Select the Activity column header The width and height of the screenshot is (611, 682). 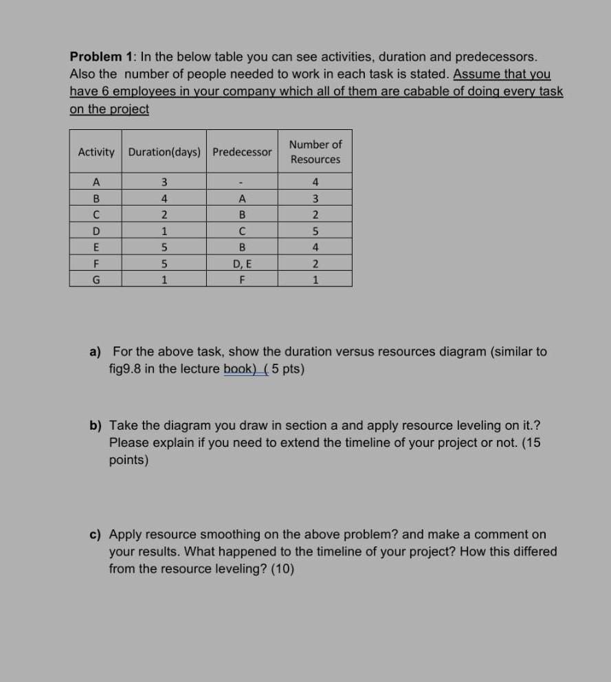click(x=96, y=152)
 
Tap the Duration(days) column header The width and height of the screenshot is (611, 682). click(x=165, y=152)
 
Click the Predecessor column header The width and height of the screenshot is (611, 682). click(x=242, y=152)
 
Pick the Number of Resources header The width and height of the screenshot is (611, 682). click(x=315, y=152)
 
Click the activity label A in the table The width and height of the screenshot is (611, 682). click(x=96, y=182)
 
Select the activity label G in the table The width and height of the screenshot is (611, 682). click(x=96, y=280)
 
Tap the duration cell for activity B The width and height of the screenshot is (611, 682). click(x=164, y=199)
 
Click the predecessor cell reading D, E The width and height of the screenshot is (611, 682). click(x=242, y=263)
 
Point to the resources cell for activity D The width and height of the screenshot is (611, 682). click(x=315, y=231)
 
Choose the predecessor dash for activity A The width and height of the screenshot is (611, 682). click(x=242, y=183)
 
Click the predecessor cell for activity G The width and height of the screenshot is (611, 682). click(x=242, y=280)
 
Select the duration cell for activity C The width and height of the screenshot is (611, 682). click(x=164, y=214)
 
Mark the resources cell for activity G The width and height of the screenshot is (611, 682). click(x=315, y=280)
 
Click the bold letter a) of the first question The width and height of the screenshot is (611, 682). click(x=95, y=352)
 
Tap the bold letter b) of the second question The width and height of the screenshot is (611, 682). click(x=96, y=426)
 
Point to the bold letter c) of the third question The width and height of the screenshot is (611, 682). click(x=95, y=534)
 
